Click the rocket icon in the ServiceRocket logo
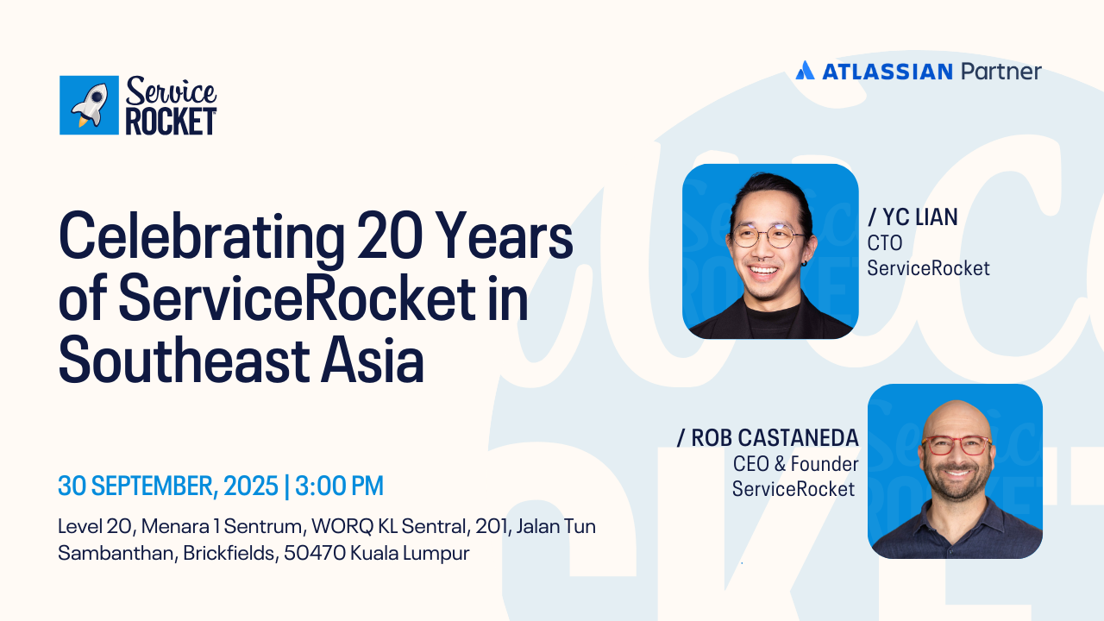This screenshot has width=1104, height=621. pos(90,105)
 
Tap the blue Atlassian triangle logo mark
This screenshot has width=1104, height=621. pos(805,71)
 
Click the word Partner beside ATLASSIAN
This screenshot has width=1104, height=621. pos(1001,72)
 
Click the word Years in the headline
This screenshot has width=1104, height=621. pos(504,235)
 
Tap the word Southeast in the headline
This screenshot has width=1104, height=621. pos(185,360)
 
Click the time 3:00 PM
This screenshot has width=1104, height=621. pos(339,486)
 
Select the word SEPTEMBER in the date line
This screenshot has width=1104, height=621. pos(153,486)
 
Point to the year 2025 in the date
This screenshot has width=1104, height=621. pos(251,486)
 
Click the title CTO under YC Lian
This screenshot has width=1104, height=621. pos(885,243)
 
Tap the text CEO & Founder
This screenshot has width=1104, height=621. pos(795,464)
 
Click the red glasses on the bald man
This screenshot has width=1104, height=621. pos(957,446)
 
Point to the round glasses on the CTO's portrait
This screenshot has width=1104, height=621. pos(768,236)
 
